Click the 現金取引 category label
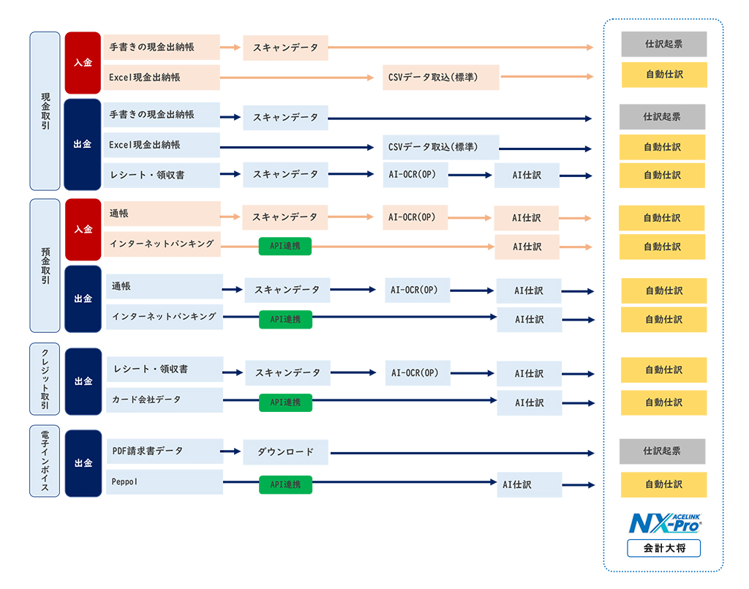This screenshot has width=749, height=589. coord(45,111)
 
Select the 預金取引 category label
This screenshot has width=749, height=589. coord(45,266)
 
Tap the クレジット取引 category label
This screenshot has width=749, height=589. coord(45,379)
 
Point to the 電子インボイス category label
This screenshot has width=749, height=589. coord(45,461)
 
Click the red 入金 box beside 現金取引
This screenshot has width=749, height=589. coord(83,63)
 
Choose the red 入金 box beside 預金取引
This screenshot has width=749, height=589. coord(83,229)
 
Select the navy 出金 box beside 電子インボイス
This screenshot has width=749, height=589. coord(83,463)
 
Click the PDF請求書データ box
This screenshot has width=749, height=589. coord(165,451)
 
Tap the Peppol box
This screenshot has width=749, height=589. coord(165,481)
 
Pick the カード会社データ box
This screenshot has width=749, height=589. coord(165,399)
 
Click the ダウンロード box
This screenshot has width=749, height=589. coord(286,452)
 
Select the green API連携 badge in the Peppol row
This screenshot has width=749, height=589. coord(286,485)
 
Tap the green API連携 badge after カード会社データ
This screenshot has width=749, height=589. coord(286,402)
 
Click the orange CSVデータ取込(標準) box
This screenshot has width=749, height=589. coord(441,78)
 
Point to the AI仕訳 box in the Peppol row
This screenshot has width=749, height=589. coord(530,485)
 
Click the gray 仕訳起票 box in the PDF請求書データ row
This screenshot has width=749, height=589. coord(663,451)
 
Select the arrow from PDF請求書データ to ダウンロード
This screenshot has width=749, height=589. coord(230,451)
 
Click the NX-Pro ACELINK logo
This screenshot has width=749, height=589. coord(665,524)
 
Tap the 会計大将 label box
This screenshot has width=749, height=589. coord(664,549)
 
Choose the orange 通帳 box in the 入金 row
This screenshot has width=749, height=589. coord(162,214)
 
